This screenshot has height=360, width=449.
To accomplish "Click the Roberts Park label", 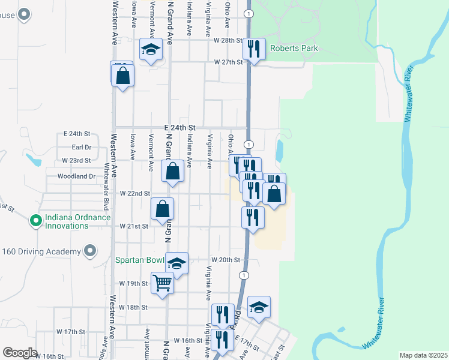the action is (293, 49).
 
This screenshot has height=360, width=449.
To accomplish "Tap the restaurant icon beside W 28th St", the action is (254, 50).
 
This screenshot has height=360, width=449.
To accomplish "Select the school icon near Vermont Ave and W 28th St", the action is (151, 50).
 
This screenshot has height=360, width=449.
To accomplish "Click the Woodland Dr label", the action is (77, 176).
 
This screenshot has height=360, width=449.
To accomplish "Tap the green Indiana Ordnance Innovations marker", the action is (35, 221).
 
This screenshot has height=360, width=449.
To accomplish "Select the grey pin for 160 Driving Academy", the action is (90, 251).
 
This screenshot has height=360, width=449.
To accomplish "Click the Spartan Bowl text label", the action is (140, 261).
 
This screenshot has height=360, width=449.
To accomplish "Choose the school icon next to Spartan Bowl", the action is (176, 263).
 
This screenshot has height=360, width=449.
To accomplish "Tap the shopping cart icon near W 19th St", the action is (163, 283).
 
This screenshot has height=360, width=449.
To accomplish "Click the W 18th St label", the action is (133, 307).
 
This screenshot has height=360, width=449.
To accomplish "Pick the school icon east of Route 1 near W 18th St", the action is (259, 307).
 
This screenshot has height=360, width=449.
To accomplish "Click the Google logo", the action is (19, 353).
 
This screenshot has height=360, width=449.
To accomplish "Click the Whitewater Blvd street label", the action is (107, 179).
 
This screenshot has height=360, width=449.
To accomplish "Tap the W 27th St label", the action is (228, 62).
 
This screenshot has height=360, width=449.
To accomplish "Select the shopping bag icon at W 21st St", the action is (163, 210).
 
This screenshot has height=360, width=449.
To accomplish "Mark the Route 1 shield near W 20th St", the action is (243, 275).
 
